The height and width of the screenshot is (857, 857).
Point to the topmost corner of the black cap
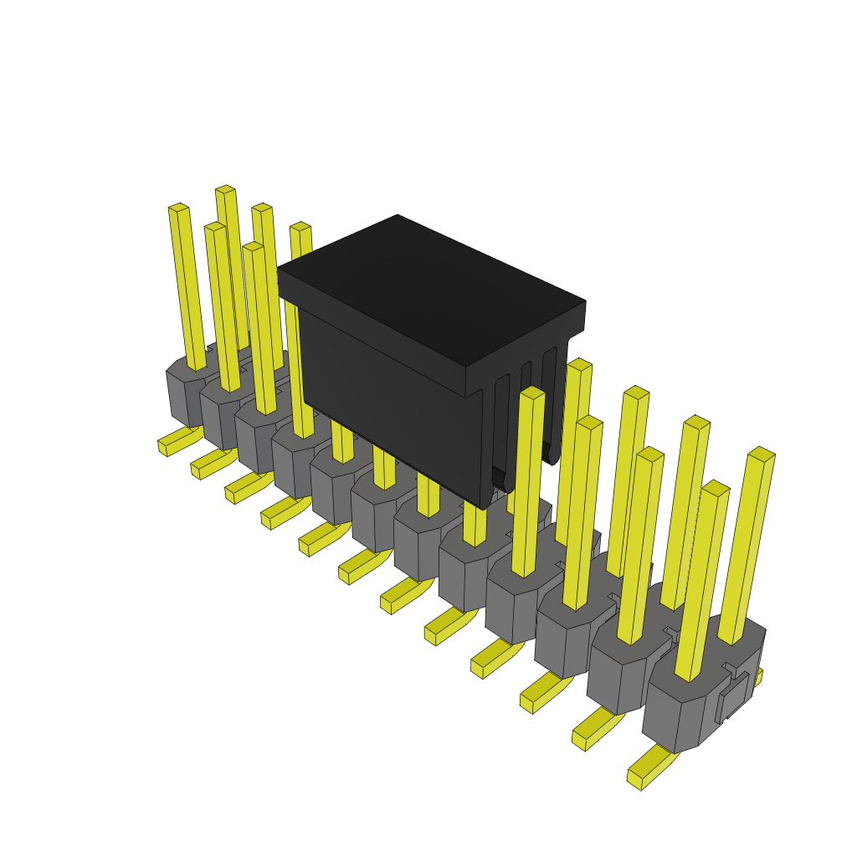(x=398, y=216)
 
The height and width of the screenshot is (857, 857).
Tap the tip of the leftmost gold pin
(x=177, y=207)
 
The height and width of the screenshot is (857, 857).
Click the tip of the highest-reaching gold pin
(x=224, y=189)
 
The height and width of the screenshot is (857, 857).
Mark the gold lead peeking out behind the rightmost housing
(x=757, y=676)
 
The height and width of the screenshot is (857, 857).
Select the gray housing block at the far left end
(x=180, y=393)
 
